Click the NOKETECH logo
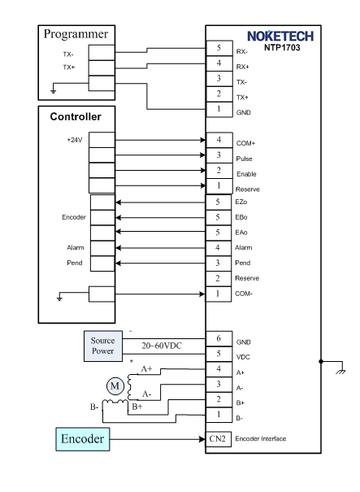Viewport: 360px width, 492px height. [x=280, y=36]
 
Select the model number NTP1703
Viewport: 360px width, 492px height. [x=282, y=48]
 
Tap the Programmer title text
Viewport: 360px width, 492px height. [x=76, y=34]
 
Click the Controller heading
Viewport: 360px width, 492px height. [x=76, y=117]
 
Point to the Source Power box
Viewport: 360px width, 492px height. [x=103, y=346]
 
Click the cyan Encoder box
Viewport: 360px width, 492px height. [x=83, y=439]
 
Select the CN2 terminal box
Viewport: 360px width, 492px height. [x=218, y=439]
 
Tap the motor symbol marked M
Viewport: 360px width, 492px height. [x=115, y=385]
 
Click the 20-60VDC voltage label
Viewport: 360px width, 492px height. [x=162, y=346]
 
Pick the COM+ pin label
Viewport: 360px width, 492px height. [x=245, y=143]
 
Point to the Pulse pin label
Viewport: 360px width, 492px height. [x=244, y=159]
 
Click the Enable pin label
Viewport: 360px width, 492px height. [x=246, y=174]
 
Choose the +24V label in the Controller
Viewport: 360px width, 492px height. [x=75, y=140]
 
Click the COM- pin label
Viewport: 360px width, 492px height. [x=244, y=294]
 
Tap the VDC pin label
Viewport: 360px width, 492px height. [x=243, y=357]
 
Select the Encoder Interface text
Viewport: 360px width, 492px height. [x=261, y=438]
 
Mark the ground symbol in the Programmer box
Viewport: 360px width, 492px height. [x=54, y=91]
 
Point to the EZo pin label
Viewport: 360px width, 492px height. [x=241, y=202]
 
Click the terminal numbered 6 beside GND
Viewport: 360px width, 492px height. [x=219, y=338]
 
